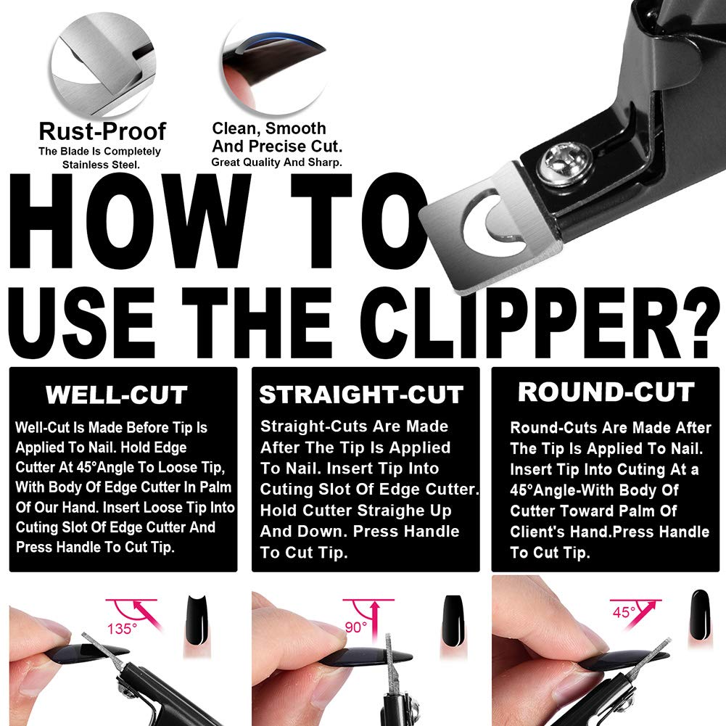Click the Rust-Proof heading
(102, 131)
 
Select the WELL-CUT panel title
(117, 395)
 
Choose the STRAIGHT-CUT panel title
(361, 395)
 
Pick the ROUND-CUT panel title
(606, 392)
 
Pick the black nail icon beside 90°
(452, 616)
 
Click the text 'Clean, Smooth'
(268, 128)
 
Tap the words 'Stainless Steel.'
(99, 165)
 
